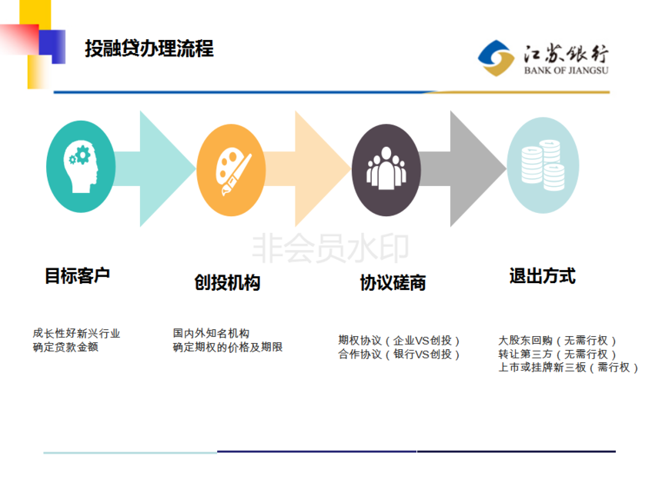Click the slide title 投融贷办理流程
[x=149, y=48]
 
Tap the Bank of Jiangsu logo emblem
[x=496, y=58]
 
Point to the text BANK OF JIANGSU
[x=566, y=71]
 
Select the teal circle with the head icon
[x=81, y=167]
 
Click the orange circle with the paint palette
[x=231, y=170]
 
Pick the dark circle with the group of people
[x=386, y=170]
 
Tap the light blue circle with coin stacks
[x=543, y=165]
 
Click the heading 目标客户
[x=77, y=276]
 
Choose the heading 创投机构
[x=227, y=282]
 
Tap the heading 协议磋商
[x=393, y=282]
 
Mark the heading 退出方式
[x=543, y=276]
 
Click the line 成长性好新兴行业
[x=76, y=334]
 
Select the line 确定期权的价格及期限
[x=228, y=347]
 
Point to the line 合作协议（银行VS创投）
[x=399, y=355]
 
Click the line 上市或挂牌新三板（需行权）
[x=568, y=368]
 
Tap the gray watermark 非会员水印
[x=330, y=248]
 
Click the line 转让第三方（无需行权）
[x=557, y=354]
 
